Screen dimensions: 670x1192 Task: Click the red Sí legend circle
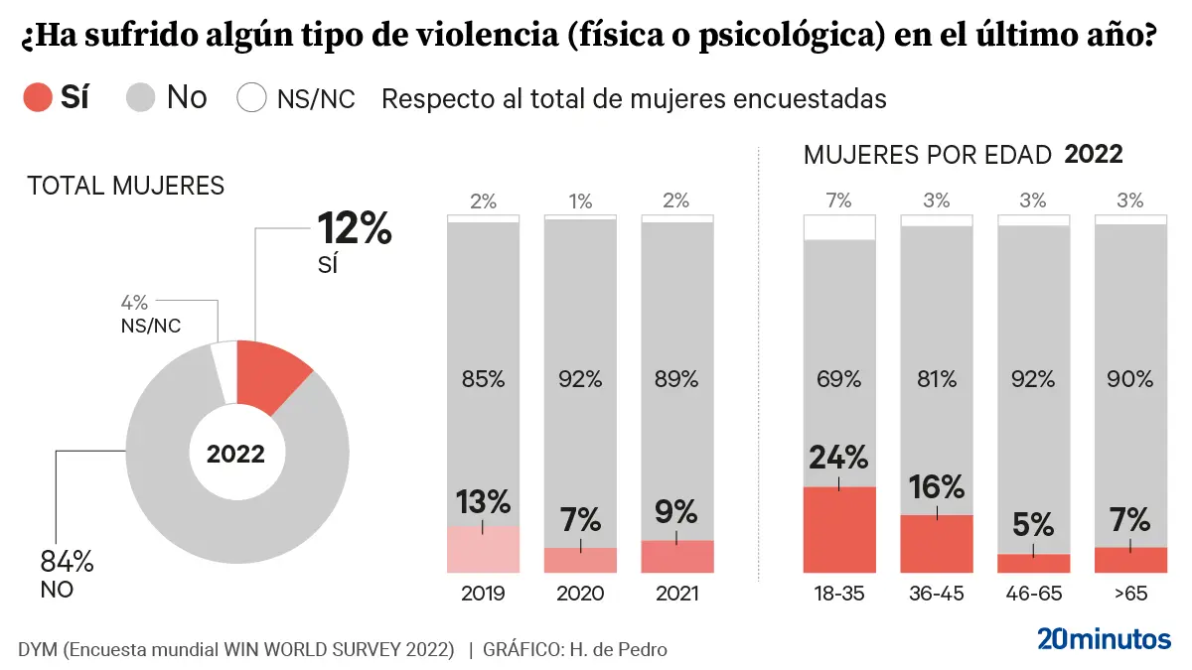tap(37, 97)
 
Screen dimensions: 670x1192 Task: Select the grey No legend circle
tap(141, 97)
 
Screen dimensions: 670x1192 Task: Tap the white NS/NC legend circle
tap(252, 97)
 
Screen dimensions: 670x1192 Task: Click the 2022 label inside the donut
tap(235, 455)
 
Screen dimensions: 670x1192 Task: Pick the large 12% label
tap(355, 230)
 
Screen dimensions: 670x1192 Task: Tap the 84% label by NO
tap(67, 562)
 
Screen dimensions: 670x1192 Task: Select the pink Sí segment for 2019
tap(483, 549)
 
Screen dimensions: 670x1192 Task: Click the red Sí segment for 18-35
tap(838, 530)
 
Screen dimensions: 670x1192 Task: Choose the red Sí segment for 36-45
tap(936, 544)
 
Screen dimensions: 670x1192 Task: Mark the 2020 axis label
tap(580, 594)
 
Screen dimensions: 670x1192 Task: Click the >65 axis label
tap(1130, 594)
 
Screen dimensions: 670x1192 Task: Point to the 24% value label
tap(838, 458)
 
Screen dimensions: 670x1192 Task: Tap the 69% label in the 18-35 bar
tap(838, 378)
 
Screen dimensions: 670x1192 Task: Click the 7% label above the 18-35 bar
tap(838, 201)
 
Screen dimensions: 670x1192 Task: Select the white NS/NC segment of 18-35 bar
tap(838, 226)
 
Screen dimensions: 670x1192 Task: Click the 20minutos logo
tap(1104, 639)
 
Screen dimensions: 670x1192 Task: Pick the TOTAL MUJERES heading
tap(126, 186)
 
